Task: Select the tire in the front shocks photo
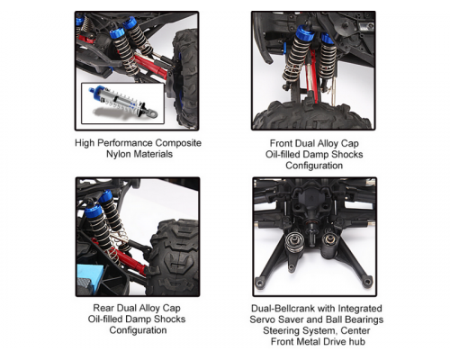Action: coord(310,115)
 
